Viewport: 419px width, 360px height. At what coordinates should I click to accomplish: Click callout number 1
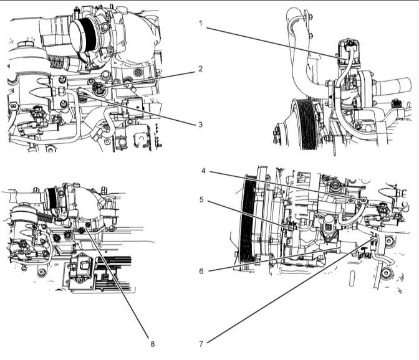click(x=201, y=24)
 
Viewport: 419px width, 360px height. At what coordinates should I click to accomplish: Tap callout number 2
click(x=200, y=69)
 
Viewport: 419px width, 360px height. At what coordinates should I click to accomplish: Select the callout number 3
click(x=200, y=125)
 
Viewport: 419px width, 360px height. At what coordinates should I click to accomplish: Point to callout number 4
click(x=204, y=171)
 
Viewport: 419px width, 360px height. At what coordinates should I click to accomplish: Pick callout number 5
click(x=202, y=199)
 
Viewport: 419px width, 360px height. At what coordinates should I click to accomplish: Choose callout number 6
click(x=201, y=271)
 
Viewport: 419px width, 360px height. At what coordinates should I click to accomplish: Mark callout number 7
click(x=201, y=344)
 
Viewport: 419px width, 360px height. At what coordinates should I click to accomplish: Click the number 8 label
click(x=153, y=344)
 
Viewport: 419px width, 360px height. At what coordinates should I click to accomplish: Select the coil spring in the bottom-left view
click(x=44, y=217)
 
